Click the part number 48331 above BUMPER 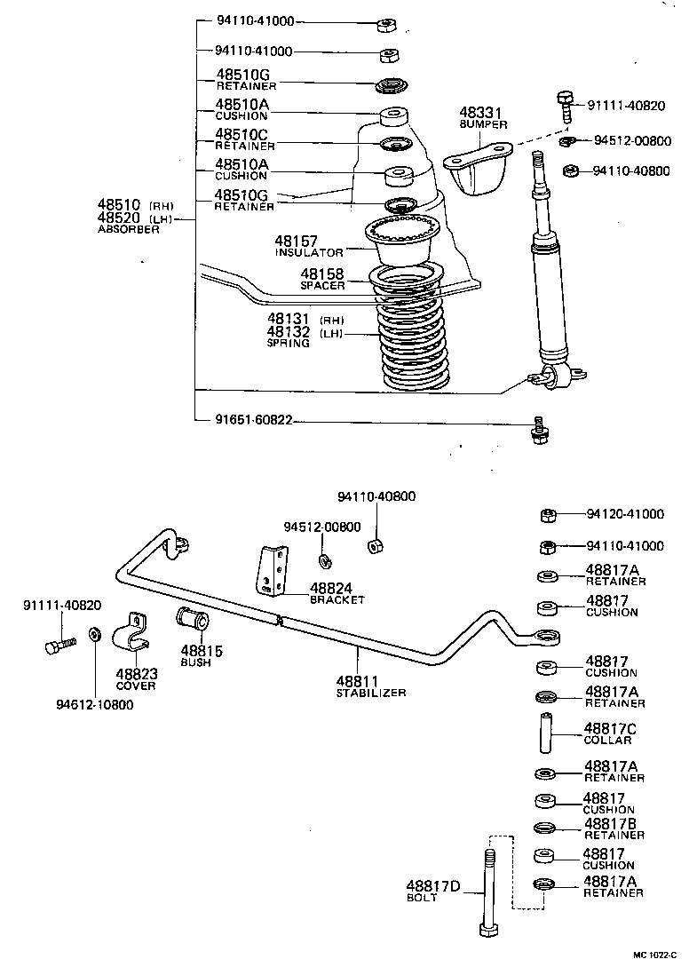480,113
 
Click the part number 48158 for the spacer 321,274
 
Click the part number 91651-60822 254,420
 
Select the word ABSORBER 128,229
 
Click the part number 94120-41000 624,513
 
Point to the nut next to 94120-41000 548,514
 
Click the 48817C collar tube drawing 546,731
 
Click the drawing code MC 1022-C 654,955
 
